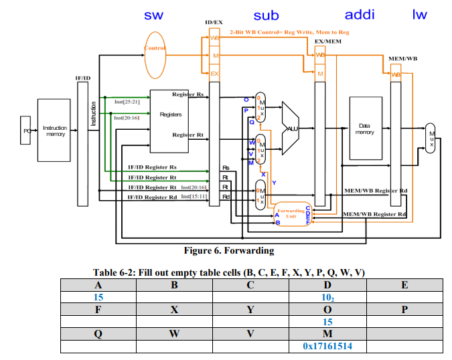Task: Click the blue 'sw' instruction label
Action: click(x=153, y=15)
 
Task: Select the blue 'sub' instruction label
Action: click(x=267, y=15)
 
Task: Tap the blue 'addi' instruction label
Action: click(x=360, y=15)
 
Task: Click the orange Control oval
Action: click(x=155, y=48)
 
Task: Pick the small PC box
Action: click(x=27, y=130)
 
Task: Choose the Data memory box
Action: click(x=364, y=128)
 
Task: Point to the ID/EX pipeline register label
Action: click(x=214, y=23)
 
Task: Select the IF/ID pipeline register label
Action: click(x=83, y=79)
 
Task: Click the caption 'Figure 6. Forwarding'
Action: click(x=229, y=251)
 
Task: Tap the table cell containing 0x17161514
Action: click(x=327, y=347)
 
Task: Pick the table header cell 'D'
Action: click(x=327, y=284)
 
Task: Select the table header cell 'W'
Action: click(x=174, y=334)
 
